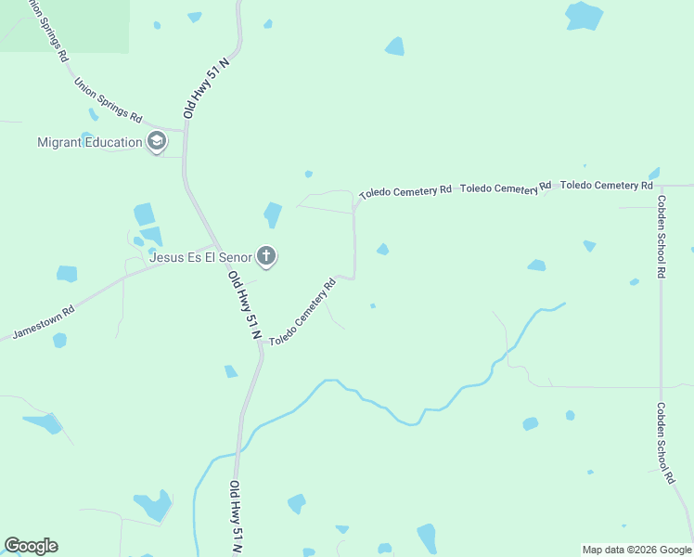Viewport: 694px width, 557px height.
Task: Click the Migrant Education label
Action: coord(89,142)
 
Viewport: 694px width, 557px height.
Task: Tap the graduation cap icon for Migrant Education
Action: coord(157,142)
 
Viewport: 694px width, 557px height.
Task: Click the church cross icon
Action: coord(266,256)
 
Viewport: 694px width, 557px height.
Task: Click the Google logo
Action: coord(31,546)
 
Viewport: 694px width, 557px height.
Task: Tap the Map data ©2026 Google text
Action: coord(636,550)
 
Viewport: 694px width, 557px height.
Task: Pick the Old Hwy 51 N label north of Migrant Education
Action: coord(206,86)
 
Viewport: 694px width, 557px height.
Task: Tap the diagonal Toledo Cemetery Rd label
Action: coord(302,312)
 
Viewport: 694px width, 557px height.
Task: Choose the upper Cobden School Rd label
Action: coord(661,237)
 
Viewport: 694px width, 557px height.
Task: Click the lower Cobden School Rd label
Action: coord(664,443)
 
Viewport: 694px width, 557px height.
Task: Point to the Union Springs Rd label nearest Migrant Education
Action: coord(108,99)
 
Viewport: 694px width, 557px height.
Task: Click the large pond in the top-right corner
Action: coord(585,15)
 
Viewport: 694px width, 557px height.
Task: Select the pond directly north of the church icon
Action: coord(272,214)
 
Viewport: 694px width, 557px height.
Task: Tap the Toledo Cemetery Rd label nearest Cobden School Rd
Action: coord(607,186)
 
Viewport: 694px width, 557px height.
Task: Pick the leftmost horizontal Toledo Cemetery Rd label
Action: coord(405,191)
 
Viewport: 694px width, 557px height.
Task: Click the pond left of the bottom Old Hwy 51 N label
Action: coord(154,505)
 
